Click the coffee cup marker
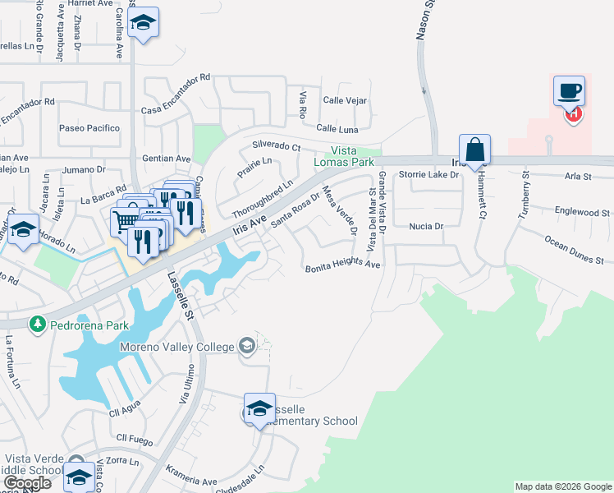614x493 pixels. tap(568, 91)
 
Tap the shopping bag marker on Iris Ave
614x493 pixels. tap(474, 150)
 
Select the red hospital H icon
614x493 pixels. tap(574, 115)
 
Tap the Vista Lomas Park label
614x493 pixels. tap(354, 157)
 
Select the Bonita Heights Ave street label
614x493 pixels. tap(343, 267)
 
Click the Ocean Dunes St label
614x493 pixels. tap(574, 249)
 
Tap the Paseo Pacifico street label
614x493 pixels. tap(89, 128)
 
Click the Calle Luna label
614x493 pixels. tap(337, 129)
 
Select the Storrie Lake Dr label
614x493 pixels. tap(426, 175)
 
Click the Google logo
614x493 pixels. tap(27, 483)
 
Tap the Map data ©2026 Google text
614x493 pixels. tap(563, 486)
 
